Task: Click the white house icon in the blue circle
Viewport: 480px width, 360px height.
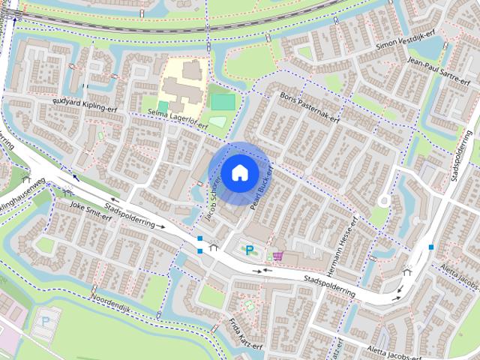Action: pyautogui.click(x=238, y=172)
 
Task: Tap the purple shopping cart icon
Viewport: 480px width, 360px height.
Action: pyautogui.click(x=277, y=256)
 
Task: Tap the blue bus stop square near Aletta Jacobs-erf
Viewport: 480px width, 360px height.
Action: pyautogui.click(x=431, y=246)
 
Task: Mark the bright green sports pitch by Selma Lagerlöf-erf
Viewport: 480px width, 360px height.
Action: pyautogui.click(x=222, y=101)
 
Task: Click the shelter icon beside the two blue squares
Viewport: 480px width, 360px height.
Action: pyautogui.click(x=214, y=246)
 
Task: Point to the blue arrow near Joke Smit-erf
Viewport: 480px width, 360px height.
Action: pyautogui.click(x=74, y=178)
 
